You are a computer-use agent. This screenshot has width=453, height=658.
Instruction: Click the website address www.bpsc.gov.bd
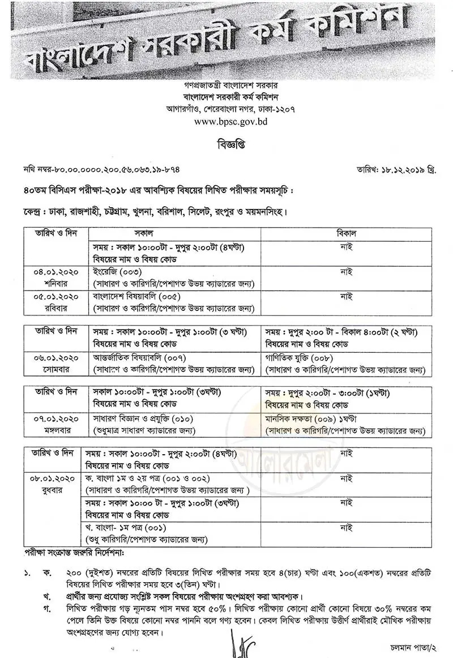(x=226, y=121)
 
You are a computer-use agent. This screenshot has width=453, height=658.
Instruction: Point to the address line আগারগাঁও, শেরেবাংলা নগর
(x=226, y=108)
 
